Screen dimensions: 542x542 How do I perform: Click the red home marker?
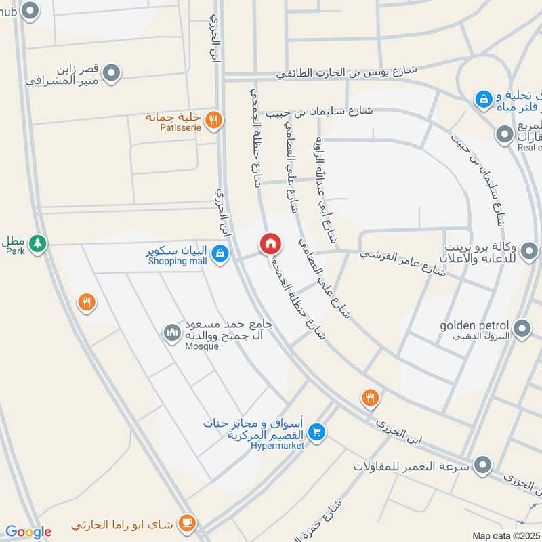pyautogui.click(x=270, y=243)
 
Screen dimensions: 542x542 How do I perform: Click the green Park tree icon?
pyautogui.click(x=38, y=242)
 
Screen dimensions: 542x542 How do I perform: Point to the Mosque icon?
pyautogui.click(x=171, y=332)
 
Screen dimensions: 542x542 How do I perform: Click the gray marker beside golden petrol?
pyautogui.click(x=522, y=330)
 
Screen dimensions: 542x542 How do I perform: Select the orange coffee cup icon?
pyautogui.click(x=186, y=524)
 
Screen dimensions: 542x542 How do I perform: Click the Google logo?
pyautogui.click(x=28, y=532)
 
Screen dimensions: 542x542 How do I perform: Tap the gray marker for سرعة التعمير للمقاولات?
pyautogui.click(x=482, y=465)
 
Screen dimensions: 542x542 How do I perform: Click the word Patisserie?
pyautogui.click(x=180, y=127)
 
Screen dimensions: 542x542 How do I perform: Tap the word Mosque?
pyautogui.click(x=202, y=346)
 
